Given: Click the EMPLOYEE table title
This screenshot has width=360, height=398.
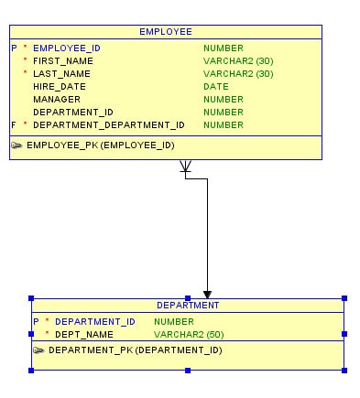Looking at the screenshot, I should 166,31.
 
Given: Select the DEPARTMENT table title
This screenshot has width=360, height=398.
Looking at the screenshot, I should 188,306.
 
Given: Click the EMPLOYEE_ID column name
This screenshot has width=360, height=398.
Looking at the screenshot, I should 67,48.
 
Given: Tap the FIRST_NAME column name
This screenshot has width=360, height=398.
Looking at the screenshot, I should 63,60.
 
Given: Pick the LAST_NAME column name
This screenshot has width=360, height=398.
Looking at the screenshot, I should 61,73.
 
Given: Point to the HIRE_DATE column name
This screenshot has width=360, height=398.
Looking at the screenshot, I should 60,86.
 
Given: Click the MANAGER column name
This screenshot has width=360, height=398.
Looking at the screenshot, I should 57,99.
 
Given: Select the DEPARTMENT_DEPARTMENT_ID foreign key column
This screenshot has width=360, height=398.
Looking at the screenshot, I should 109,124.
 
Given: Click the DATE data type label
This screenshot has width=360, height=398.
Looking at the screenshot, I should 216,86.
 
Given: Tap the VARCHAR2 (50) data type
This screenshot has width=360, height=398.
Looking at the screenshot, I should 189,335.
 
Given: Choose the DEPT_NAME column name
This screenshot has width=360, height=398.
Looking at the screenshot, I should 84,335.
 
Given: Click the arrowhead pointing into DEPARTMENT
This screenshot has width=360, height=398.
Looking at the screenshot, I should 208,292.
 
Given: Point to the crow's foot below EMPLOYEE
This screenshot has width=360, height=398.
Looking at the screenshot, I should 185,167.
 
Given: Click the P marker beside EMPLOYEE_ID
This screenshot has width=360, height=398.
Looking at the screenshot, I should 14,48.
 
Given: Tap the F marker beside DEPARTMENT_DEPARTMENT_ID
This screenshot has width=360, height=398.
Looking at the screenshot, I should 14,124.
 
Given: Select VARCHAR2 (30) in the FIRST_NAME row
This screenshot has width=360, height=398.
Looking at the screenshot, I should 238,60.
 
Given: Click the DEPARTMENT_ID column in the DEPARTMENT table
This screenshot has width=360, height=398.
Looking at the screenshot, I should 95,322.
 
